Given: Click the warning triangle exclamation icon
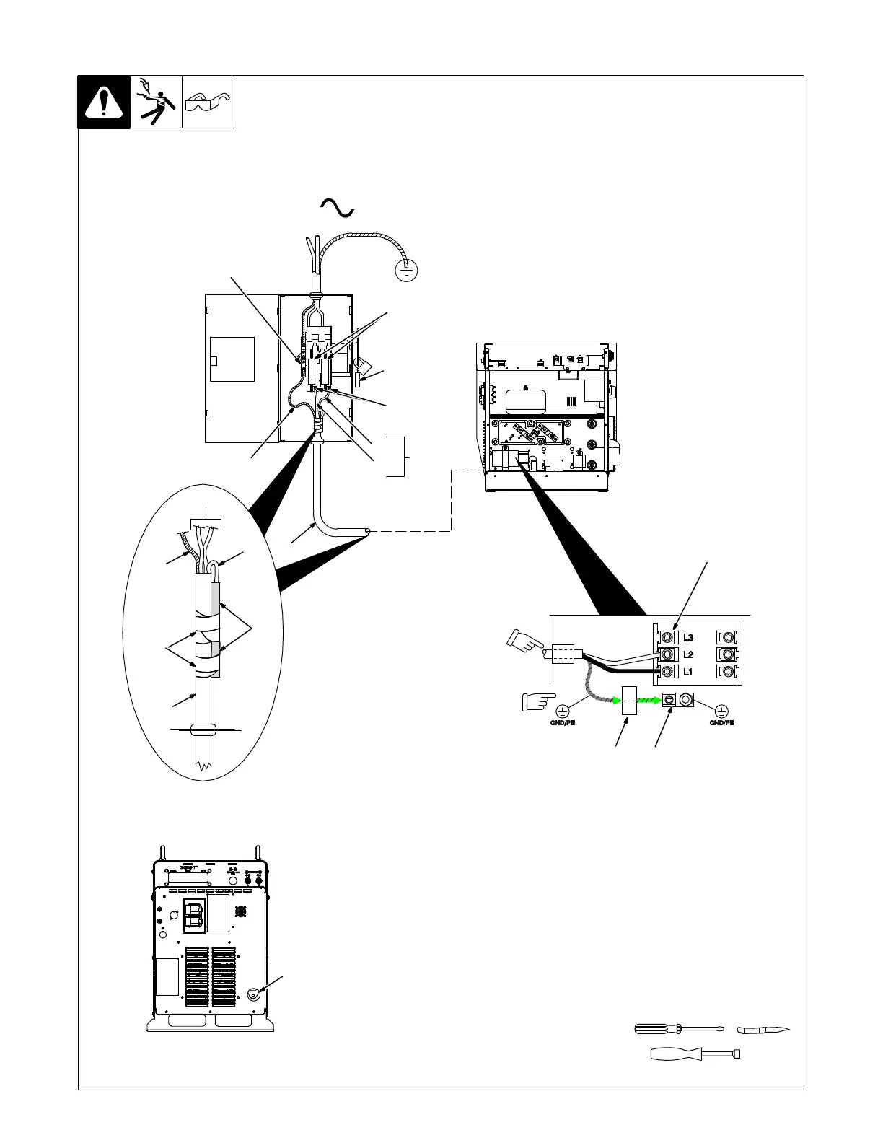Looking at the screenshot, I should point(104,102).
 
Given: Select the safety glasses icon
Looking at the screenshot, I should point(208,102).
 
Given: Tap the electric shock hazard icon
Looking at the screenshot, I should point(156,102).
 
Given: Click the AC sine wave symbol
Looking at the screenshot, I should point(337,208).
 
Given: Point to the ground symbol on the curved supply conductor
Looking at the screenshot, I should point(408,270).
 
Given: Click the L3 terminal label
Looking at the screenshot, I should point(688,638).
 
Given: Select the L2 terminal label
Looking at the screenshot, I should point(688,654).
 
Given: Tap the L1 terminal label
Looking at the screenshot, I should point(688,672).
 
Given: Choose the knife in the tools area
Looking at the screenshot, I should point(763,1029).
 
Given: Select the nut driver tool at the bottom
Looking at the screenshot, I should point(695,1054).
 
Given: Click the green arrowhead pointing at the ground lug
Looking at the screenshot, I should point(656,699).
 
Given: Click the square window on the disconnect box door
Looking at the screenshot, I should point(232,359).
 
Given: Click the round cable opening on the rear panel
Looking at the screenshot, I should point(254,994).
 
